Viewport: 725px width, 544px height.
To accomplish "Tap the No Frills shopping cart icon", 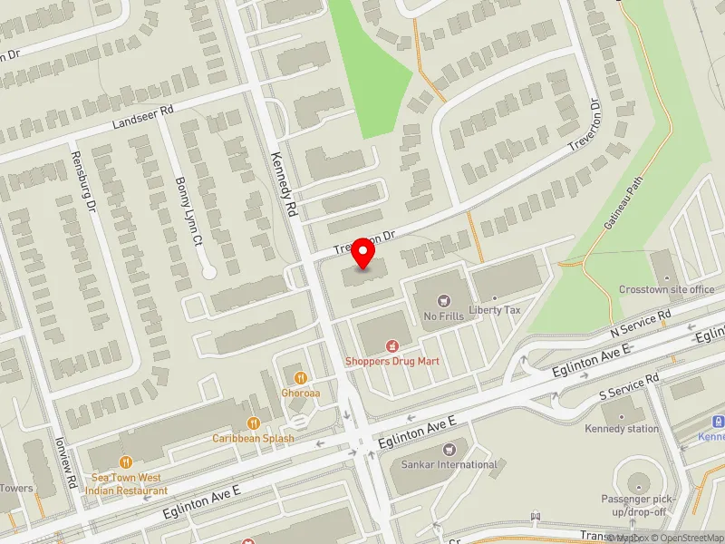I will click(x=443, y=299).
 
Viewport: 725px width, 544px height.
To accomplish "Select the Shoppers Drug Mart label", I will click(x=392, y=361).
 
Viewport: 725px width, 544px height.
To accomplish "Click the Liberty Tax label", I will click(x=495, y=310).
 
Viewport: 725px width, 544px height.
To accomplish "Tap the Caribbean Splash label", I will click(x=254, y=439).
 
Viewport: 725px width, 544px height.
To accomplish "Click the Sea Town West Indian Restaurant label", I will click(x=126, y=483).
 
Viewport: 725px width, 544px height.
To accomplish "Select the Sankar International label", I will click(x=449, y=464).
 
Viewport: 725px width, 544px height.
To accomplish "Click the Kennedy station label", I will click(x=622, y=428).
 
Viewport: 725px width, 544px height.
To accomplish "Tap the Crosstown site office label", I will click(x=667, y=289).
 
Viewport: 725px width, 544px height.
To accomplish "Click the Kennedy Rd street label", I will click(x=284, y=182).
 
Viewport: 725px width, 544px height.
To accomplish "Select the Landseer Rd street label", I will click(x=142, y=117).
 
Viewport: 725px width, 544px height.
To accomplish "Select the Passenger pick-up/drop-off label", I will click(x=633, y=506).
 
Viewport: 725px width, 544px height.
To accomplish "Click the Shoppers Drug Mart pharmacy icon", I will click(x=392, y=345).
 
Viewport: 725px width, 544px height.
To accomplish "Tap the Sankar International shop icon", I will click(x=449, y=449).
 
